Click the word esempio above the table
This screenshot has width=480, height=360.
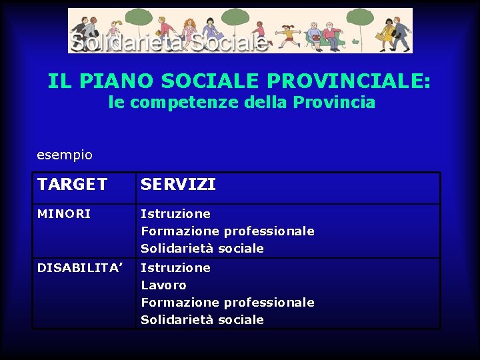[x=65, y=155]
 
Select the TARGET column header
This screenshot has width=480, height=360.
[x=72, y=185]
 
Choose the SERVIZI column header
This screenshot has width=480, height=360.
[x=178, y=185]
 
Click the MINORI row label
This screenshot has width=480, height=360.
[x=64, y=214]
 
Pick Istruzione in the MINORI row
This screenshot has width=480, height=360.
[x=175, y=214]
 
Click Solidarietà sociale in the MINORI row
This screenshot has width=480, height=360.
[x=202, y=249]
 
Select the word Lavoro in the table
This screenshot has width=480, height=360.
[x=163, y=285]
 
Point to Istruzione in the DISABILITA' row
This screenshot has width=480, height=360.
[x=175, y=268]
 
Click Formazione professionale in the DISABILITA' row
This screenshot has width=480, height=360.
[x=227, y=303]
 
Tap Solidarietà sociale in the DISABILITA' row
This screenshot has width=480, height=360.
[x=202, y=320]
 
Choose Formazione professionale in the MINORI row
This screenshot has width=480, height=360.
[x=227, y=231]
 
